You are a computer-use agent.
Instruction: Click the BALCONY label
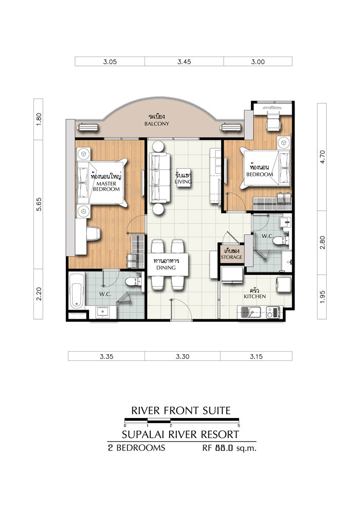157,124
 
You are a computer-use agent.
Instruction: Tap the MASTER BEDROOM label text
106,186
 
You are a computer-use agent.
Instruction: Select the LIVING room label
184,181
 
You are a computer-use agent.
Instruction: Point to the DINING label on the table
166,268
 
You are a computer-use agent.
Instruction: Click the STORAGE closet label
231,257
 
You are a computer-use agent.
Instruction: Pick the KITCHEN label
255,296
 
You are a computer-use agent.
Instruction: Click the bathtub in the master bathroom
77,291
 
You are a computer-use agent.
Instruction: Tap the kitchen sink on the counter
250,313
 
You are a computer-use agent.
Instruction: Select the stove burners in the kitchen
273,312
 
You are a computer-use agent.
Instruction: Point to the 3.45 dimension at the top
184,62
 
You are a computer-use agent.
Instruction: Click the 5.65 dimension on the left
39,205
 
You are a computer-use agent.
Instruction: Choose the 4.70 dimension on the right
322,157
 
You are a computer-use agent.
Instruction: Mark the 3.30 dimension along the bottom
183,356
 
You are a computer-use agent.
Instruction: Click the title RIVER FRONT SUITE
181,411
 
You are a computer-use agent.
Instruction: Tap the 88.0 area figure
224,448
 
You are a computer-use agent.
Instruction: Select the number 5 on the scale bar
239,426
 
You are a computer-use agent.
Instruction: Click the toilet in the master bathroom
133,281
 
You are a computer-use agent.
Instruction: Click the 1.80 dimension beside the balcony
39,119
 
